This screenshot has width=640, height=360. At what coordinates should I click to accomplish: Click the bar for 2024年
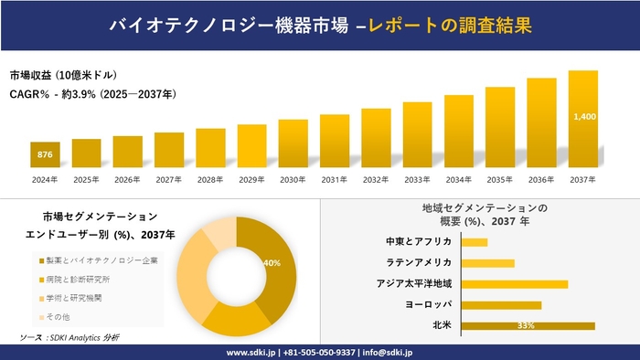click(x=45, y=155)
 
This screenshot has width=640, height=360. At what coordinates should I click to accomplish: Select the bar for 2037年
click(x=582, y=120)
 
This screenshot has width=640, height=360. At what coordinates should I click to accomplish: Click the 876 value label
click(x=45, y=155)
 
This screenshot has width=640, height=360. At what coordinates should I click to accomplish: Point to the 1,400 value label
click(x=583, y=117)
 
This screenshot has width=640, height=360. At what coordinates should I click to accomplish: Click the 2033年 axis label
click(x=417, y=179)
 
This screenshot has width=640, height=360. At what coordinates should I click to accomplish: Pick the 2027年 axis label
click(x=169, y=179)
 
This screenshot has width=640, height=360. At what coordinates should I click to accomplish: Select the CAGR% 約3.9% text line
click(x=93, y=94)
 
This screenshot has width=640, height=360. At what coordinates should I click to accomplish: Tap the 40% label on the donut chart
click(x=272, y=263)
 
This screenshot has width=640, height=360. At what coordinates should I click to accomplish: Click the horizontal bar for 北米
click(x=528, y=325)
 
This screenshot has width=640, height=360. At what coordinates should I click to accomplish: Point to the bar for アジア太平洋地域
click(x=515, y=284)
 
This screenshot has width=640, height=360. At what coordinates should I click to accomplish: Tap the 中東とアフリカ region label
click(x=419, y=242)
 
